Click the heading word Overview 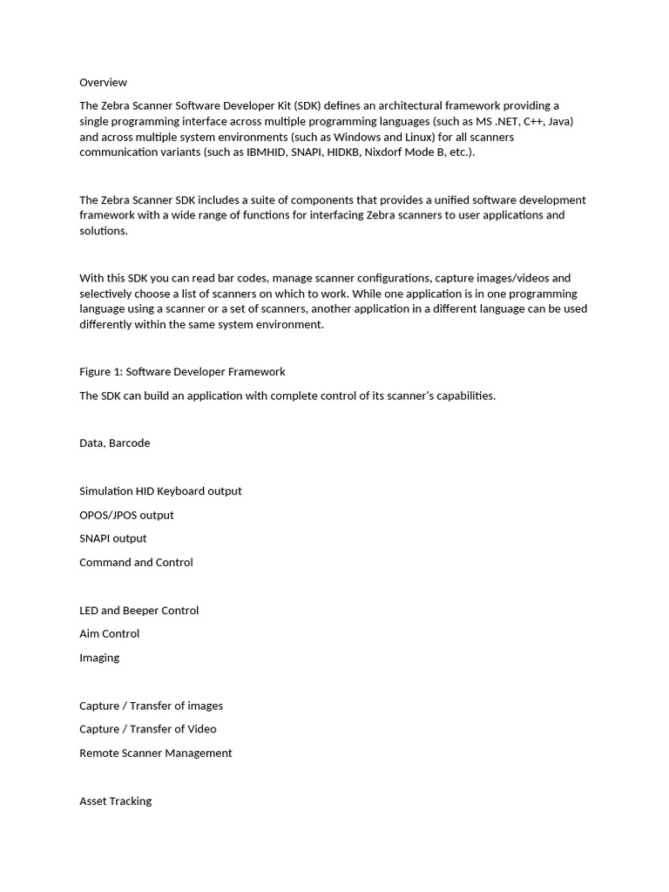pyautogui.click(x=103, y=83)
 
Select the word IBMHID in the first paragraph pyautogui.click(x=271, y=152)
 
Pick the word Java pyautogui.click(x=560, y=121)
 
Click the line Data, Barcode pyautogui.click(x=114, y=443)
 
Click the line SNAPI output pyautogui.click(x=112, y=538)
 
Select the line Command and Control pyautogui.click(x=136, y=563)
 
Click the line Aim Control pyautogui.click(x=109, y=634)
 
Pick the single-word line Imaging pyautogui.click(x=99, y=658)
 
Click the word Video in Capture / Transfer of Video pyautogui.click(x=201, y=729)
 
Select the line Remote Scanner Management pyautogui.click(x=155, y=753)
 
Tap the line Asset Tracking pyautogui.click(x=115, y=801)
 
